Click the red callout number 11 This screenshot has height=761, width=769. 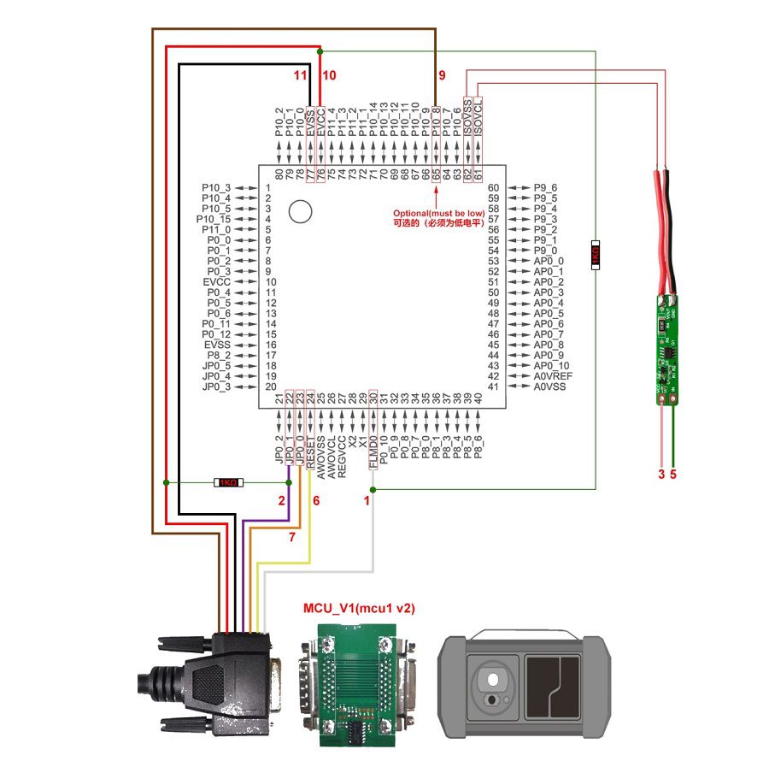pos(300,75)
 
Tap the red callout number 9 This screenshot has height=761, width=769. pos(442,75)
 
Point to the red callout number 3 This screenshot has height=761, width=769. pos(660,474)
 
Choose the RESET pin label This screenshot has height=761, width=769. pos(310,451)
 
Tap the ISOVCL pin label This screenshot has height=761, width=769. pos(478,115)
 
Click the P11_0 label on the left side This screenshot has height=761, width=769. pos(215,229)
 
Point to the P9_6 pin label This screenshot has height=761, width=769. pos(545,187)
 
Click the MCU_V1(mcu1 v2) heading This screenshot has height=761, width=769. pos(360,608)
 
